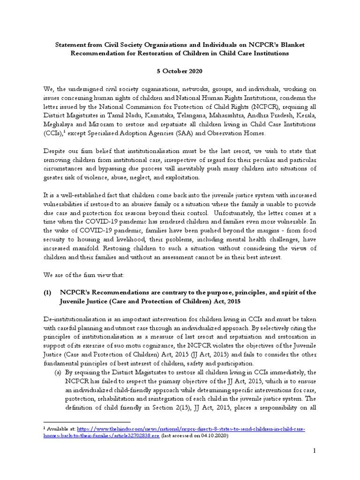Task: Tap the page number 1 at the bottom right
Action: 315,450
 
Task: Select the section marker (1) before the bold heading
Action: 47,292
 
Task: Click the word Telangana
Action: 199,115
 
